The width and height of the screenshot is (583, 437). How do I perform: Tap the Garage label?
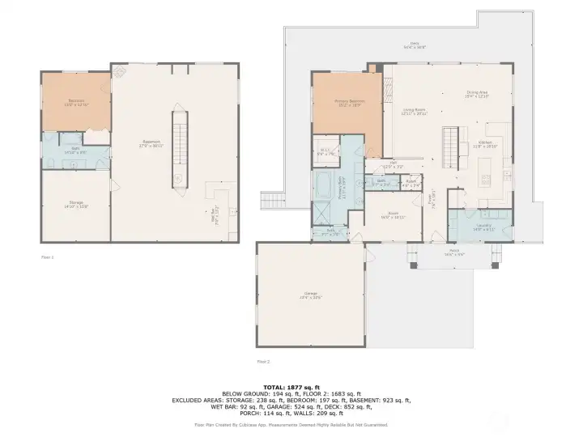[311, 295]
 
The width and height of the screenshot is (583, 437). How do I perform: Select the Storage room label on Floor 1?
[76, 204]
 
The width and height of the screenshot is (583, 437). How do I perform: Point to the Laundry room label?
[484, 227]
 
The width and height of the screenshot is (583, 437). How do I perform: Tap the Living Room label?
[414, 111]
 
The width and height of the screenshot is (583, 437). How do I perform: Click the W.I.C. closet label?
[326, 151]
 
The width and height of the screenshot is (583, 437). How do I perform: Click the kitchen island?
[487, 169]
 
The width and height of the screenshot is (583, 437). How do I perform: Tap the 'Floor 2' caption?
[263, 361]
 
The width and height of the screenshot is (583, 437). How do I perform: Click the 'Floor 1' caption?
[47, 257]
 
